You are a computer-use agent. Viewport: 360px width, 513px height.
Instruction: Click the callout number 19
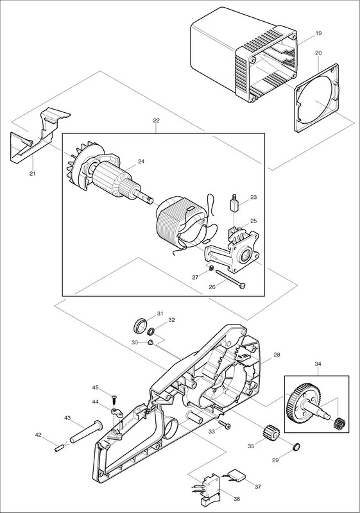(319, 33)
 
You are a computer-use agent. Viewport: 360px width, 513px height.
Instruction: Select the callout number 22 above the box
(156, 121)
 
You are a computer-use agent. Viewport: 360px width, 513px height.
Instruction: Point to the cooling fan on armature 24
(80, 166)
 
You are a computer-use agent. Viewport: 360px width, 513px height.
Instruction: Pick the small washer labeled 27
(211, 268)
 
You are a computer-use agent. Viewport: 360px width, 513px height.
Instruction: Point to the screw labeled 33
(225, 425)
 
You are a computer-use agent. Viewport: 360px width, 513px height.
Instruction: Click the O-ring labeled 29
(295, 446)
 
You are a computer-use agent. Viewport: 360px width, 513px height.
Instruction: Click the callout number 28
(277, 355)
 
